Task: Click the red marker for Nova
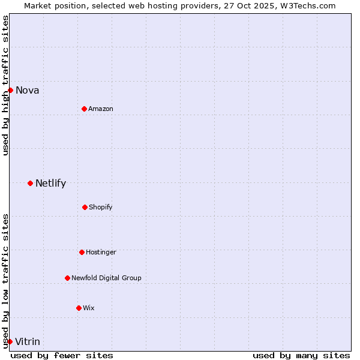[x=10, y=91]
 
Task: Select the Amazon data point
[x=84, y=109]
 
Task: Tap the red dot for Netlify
[x=30, y=183]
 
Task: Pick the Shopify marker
[x=85, y=207]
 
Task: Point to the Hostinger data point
[x=82, y=252]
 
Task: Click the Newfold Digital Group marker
[x=67, y=278]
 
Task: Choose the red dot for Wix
[x=79, y=308]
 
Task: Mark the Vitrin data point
[x=10, y=341]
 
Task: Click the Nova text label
[x=28, y=91]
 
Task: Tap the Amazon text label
[x=101, y=109]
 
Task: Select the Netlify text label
[x=50, y=184]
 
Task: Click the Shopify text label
[x=101, y=207]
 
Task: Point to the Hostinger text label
[x=101, y=252]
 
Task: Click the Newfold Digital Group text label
[x=106, y=278]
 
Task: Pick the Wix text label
[x=89, y=308]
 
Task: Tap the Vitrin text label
[x=28, y=342]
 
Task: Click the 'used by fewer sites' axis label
[x=62, y=355]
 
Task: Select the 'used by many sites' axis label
[x=301, y=355]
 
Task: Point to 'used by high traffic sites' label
[x=5, y=85]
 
